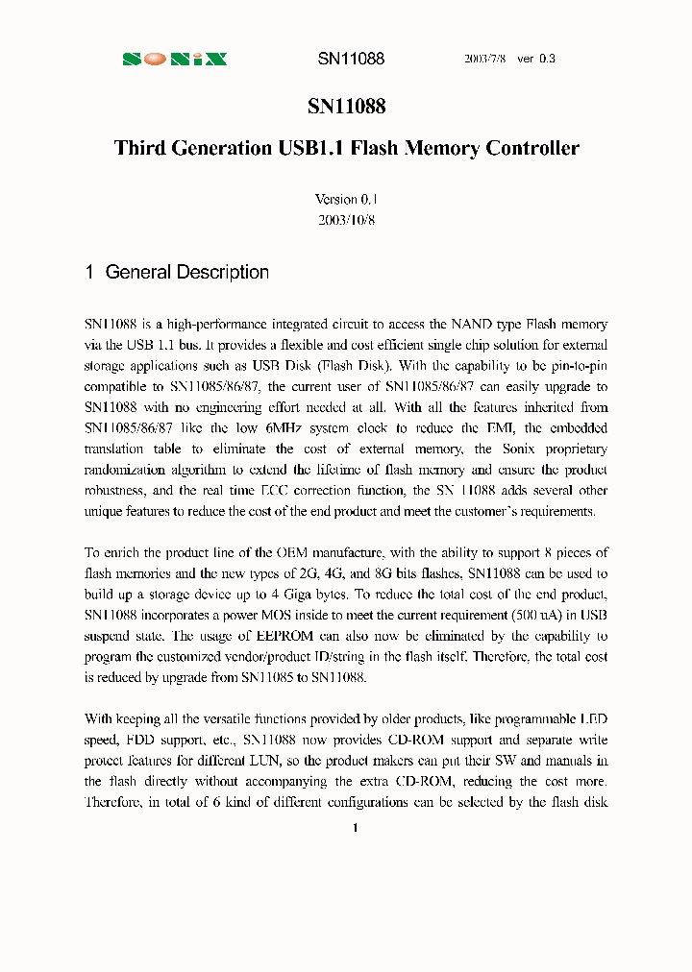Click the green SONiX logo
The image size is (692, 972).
click(x=174, y=59)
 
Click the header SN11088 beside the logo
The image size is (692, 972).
click(x=351, y=59)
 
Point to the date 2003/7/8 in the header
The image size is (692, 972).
click(x=485, y=59)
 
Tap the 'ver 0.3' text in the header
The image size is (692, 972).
click(x=536, y=59)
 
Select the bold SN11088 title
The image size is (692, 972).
click(x=346, y=107)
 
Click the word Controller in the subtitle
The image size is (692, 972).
click(x=532, y=148)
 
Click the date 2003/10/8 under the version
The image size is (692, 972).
click(x=346, y=219)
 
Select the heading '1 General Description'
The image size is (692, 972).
click(x=177, y=272)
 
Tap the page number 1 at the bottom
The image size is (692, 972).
click(x=355, y=828)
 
